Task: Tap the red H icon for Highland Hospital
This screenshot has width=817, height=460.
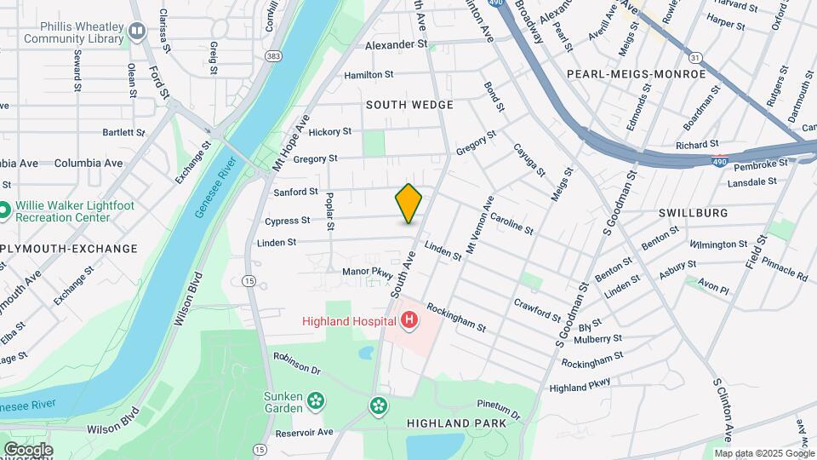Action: pyautogui.click(x=409, y=321)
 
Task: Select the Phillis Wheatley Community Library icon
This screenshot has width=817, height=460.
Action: pyautogui.click(x=137, y=32)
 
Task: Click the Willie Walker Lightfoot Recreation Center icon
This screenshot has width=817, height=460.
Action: pyautogui.click(x=4, y=210)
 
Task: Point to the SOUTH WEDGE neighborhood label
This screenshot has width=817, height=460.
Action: pyautogui.click(x=409, y=105)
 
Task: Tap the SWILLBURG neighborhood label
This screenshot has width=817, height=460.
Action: pyautogui.click(x=693, y=212)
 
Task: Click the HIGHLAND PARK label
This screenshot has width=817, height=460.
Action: pyautogui.click(x=464, y=423)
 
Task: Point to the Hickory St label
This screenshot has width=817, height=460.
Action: pyautogui.click(x=330, y=132)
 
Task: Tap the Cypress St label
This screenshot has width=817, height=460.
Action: pyautogui.click(x=287, y=221)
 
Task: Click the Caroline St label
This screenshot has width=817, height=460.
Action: pyautogui.click(x=511, y=224)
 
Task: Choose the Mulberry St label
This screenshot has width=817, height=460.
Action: pyautogui.click(x=599, y=338)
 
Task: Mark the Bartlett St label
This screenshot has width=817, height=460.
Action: pyautogui.click(x=124, y=133)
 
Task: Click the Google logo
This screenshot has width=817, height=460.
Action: pyautogui.click(x=28, y=450)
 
